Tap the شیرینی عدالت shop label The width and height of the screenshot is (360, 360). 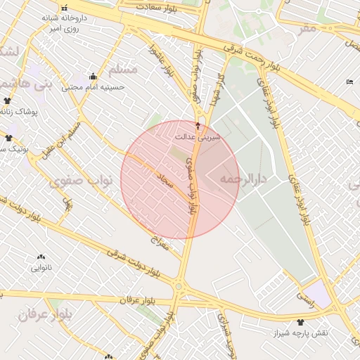202,137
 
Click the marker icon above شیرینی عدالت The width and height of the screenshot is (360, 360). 198,127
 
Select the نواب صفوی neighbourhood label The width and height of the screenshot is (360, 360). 81,181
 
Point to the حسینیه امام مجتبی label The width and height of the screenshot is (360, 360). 93,88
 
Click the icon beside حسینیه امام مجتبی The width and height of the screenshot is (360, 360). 93,76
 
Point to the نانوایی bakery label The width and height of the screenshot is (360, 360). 41,268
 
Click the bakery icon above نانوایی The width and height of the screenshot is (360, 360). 41,257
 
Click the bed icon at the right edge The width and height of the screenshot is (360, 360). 350,82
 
